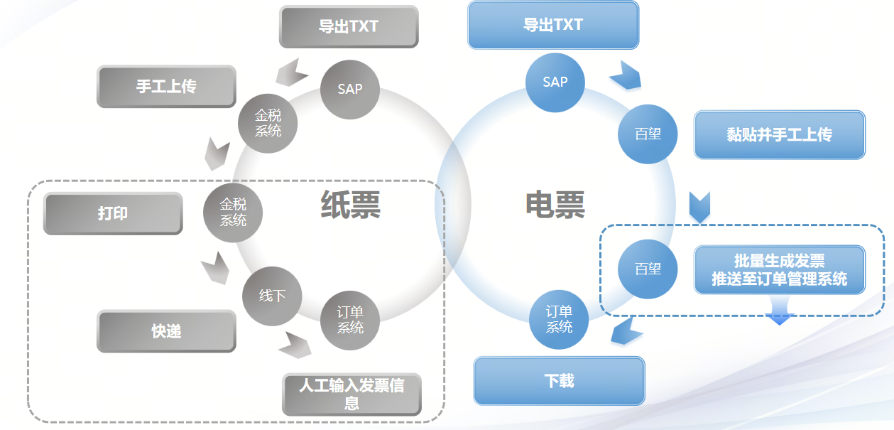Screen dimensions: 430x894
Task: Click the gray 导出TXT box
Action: pyautogui.click(x=349, y=27)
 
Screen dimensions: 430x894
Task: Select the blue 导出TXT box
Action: pyautogui.click(x=553, y=26)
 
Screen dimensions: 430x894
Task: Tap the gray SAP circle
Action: pyautogui.click(x=350, y=90)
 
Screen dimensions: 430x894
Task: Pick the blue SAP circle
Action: pyautogui.click(x=555, y=82)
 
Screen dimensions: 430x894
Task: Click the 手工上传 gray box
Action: pyautogui.click(x=166, y=87)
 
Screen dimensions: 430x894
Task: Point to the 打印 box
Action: pyautogui.click(x=113, y=213)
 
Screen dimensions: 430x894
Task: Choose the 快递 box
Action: pyautogui.click(x=166, y=331)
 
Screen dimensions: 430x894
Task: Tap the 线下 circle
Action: pyautogui.click(x=272, y=296)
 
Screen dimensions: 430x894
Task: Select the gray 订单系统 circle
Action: pyautogui.click(x=350, y=320)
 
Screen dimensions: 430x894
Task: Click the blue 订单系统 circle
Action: pyautogui.click(x=560, y=319)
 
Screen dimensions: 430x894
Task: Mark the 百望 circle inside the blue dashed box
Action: pyautogui.click(x=648, y=269)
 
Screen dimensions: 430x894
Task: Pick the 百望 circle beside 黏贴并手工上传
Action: pyautogui.click(x=648, y=134)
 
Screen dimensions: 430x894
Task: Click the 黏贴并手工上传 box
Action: pyautogui.click(x=779, y=134)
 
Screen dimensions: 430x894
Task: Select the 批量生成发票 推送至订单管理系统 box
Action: pyautogui.click(x=779, y=270)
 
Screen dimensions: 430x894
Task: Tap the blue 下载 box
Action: pyautogui.click(x=559, y=381)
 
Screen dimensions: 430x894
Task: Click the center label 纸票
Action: pyautogui.click(x=351, y=205)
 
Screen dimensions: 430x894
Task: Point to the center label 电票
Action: pyautogui.click(x=555, y=205)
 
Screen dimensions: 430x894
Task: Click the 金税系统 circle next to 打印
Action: pyautogui.click(x=233, y=213)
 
